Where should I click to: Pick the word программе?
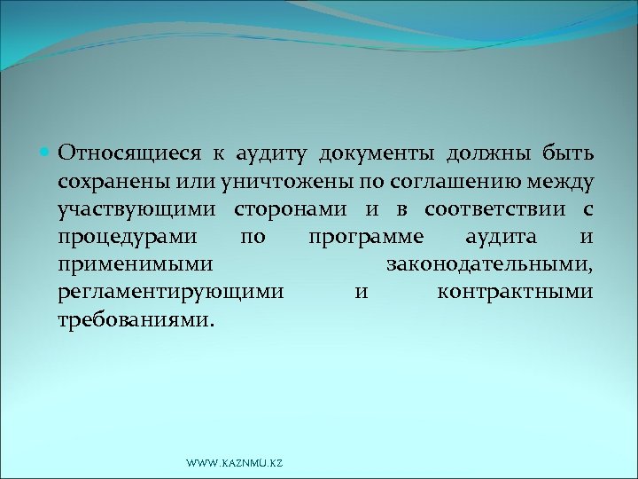[x=366, y=237]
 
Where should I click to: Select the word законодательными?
[x=489, y=264]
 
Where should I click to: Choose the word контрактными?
[x=515, y=292]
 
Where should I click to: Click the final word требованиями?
[x=135, y=319]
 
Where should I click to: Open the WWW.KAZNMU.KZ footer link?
[x=235, y=463]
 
